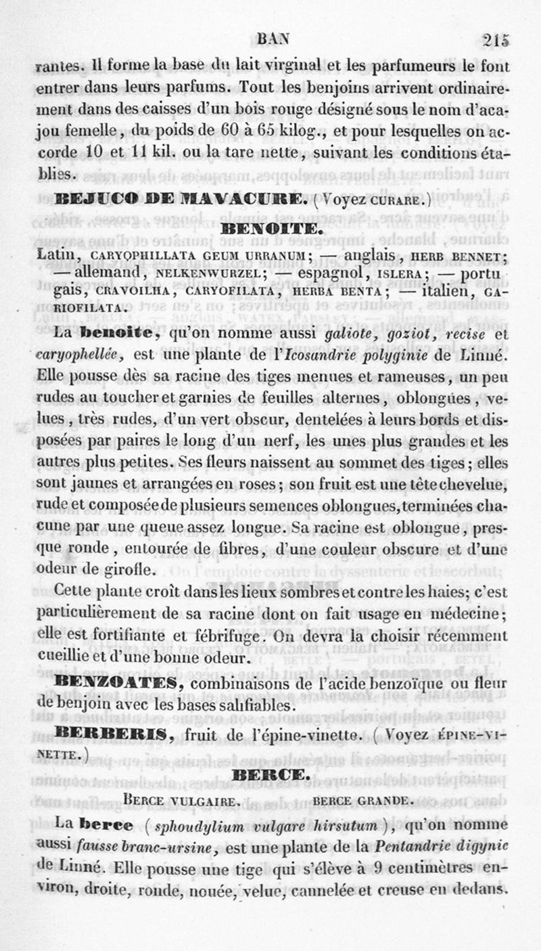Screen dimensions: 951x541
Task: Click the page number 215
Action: pyautogui.click(x=496, y=40)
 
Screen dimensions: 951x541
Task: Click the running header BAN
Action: pyautogui.click(x=273, y=40)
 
